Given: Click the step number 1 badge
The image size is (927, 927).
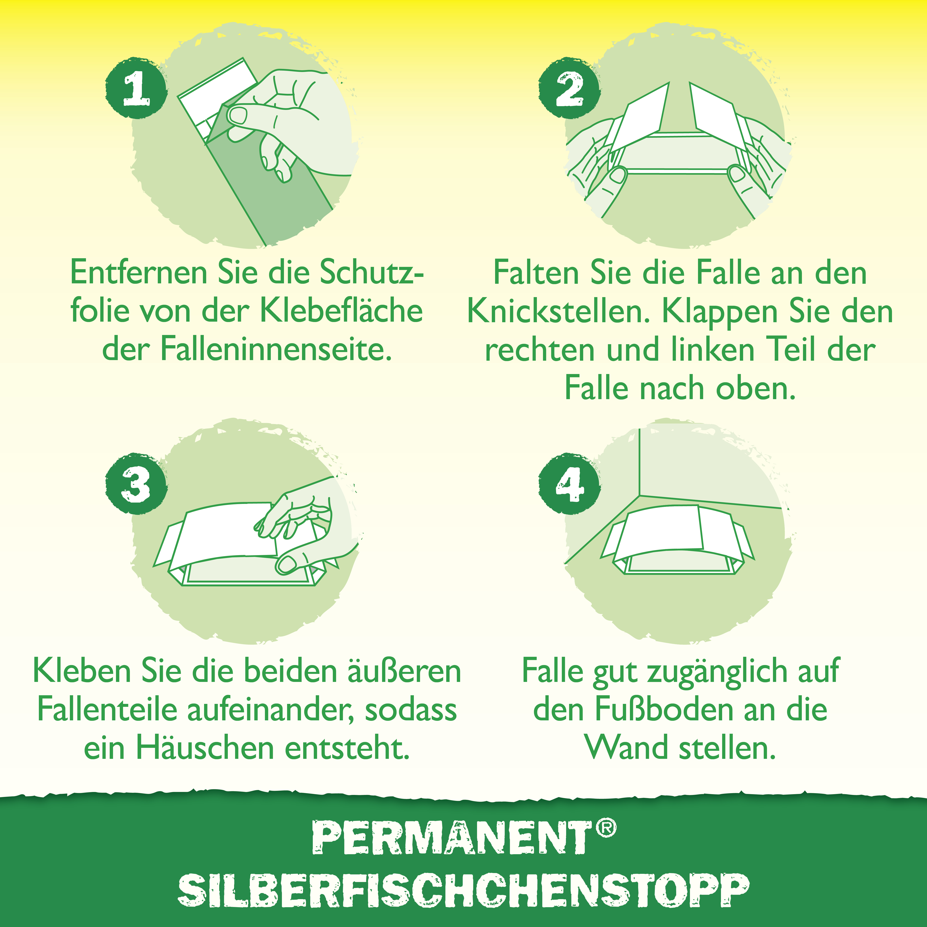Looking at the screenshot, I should pyautogui.click(x=136, y=88).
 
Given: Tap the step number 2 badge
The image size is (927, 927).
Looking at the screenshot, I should pyautogui.click(x=569, y=88).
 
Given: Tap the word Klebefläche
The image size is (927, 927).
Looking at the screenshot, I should pyautogui.click(x=341, y=311).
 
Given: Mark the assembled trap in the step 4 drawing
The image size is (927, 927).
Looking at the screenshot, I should pyautogui.click(x=677, y=540).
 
